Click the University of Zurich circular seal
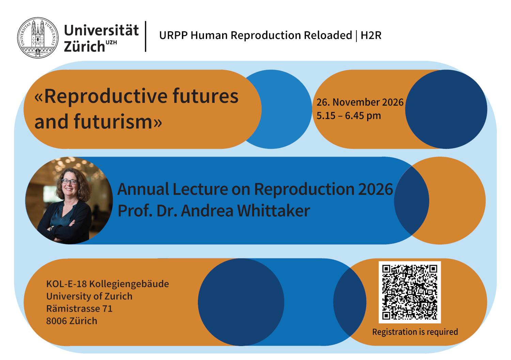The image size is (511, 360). click(x=38, y=38)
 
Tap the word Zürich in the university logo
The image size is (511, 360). click(x=84, y=46)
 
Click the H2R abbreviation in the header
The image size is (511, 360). click(x=371, y=35)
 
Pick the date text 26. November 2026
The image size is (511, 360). click(x=360, y=102)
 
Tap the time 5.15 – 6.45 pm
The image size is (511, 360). click(x=349, y=116)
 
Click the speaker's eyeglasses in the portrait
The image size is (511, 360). click(x=70, y=182)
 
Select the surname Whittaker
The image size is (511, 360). click(x=274, y=210)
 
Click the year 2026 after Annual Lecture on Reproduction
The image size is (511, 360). click(x=375, y=189)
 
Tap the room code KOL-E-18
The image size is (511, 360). click(x=66, y=284)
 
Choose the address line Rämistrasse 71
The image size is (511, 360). click(x=79, y=309)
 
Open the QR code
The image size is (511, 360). click(x=410, y=292)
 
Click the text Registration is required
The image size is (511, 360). click(x=415, y=332)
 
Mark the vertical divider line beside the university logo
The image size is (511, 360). click(x=145, y=36)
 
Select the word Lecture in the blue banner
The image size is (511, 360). click(x=200, y=189)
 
